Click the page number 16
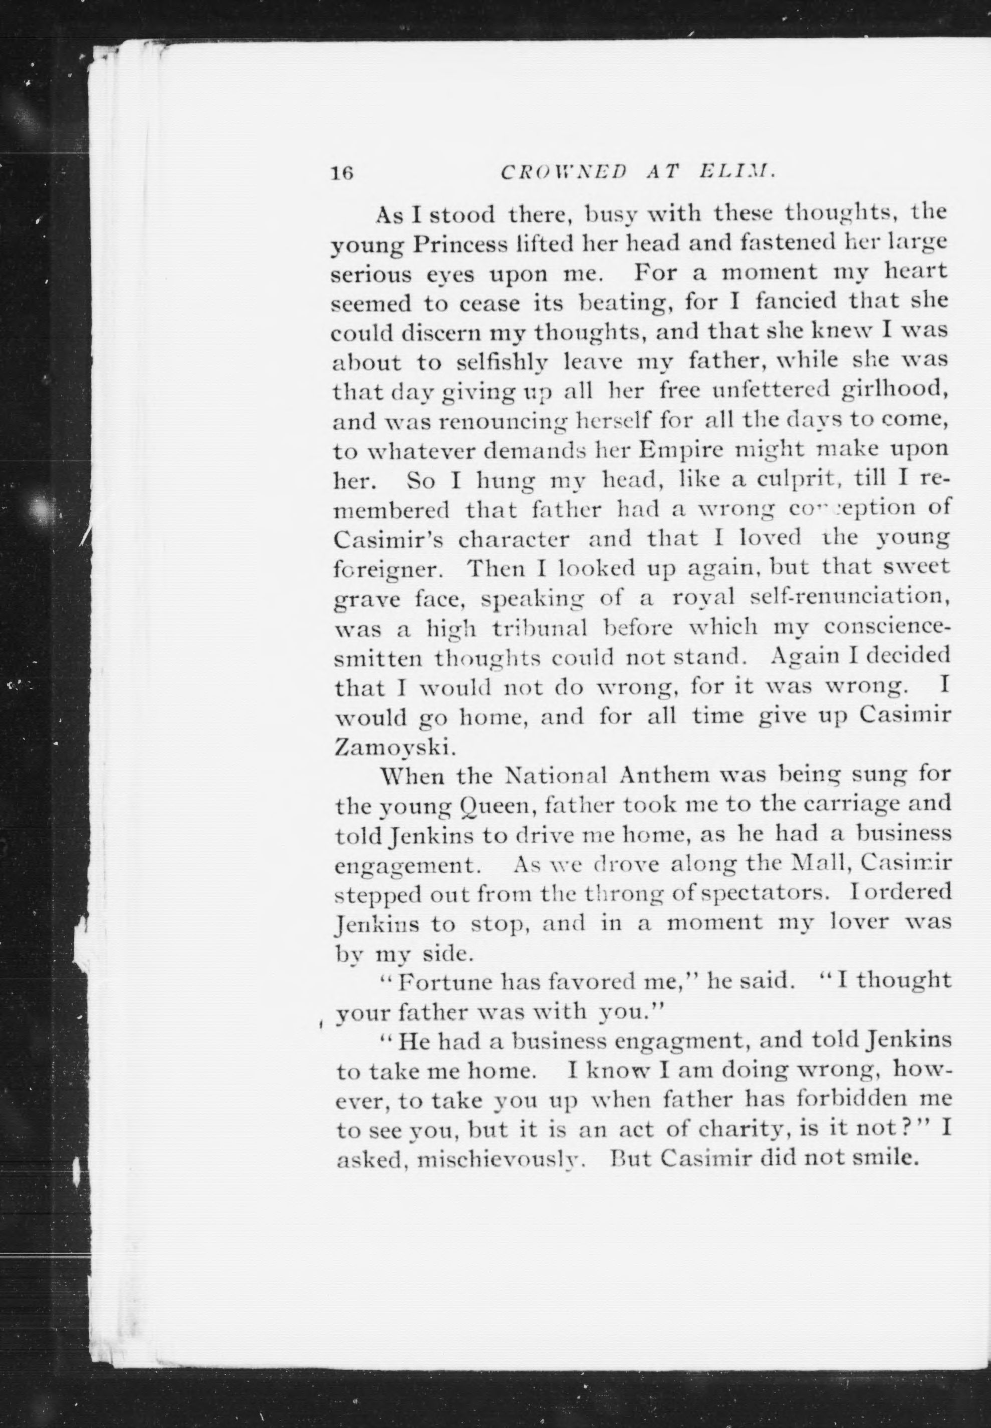pyautogui.click(x=342, y=173)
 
